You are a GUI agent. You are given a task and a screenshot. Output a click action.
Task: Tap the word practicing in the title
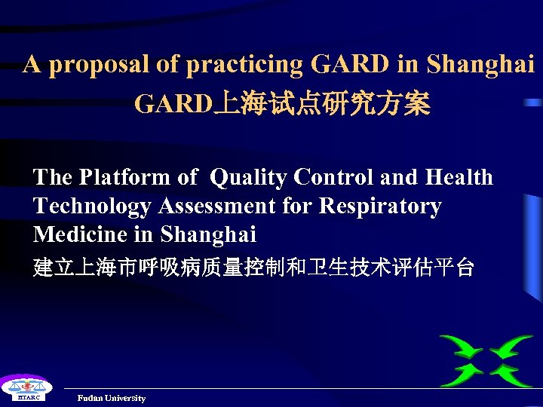[x=242, y=66]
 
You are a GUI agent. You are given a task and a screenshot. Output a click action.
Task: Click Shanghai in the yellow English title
[x=480, y=66]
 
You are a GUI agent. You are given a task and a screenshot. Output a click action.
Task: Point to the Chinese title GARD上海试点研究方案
[x=282, y=105]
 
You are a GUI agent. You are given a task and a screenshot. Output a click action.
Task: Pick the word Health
[x=459, y=177]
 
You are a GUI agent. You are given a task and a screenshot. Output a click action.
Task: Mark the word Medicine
[x=80, y=234]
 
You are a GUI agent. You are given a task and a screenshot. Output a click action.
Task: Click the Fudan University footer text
[x=111, y=398]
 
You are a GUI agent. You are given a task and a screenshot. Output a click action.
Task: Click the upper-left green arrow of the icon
[x=462, y=347]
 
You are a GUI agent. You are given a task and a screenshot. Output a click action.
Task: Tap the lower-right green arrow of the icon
[x=511, y=373]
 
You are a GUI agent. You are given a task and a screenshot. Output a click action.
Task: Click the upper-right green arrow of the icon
[x=511, y=347]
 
